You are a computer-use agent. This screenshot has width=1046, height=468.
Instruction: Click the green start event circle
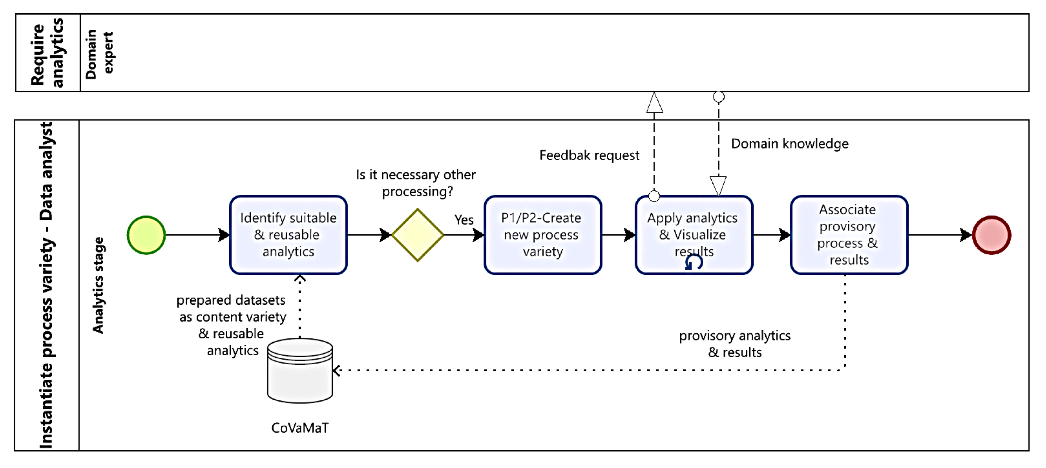(146, 235)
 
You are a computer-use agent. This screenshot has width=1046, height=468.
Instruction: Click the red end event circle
(991, 235)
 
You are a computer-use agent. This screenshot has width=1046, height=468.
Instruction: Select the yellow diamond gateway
(417, 235)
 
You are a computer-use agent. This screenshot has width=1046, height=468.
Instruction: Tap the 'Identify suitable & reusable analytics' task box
(288, 235)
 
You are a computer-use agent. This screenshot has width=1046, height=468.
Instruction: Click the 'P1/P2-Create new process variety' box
(542, 235)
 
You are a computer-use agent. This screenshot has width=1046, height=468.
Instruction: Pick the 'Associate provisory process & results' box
(849, 235)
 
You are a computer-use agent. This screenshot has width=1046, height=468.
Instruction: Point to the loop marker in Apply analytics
(694, 263)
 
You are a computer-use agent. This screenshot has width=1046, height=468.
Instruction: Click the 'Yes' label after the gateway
(464, 220)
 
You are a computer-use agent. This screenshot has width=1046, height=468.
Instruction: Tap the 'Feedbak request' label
(589, 156)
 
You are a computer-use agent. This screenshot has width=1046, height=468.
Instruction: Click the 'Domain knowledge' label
(789, 144)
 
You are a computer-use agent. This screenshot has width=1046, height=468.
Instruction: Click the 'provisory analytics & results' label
(734, 344)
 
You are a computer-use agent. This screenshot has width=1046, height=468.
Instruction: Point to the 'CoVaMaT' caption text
(300, 428)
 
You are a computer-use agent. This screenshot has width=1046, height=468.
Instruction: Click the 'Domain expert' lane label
(99, 54)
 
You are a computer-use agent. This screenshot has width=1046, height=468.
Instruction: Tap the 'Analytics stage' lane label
(98, 285)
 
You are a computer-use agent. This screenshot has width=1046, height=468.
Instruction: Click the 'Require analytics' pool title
(48, 53)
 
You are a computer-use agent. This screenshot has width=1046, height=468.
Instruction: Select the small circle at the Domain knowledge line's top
(718, 97)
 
